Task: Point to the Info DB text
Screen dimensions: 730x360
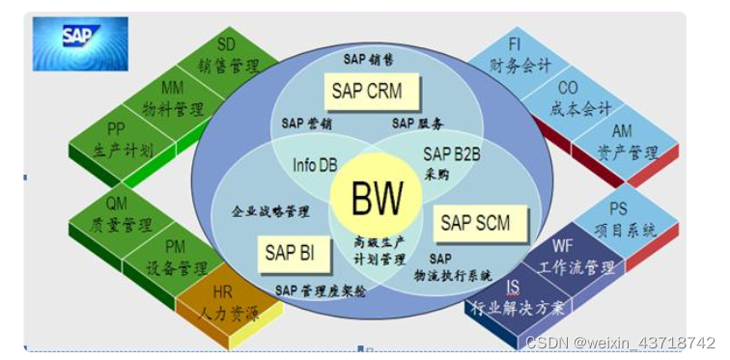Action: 314,164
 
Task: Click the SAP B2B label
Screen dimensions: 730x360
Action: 450,152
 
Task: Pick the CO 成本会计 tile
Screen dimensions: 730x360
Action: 576,97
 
